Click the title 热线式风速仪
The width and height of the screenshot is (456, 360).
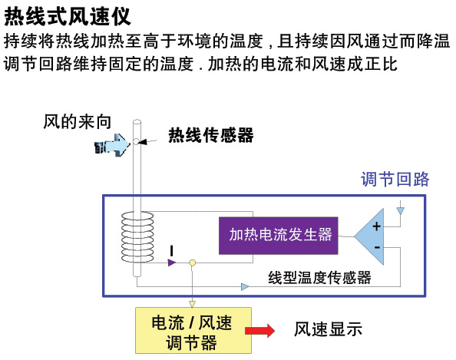click(68, 17)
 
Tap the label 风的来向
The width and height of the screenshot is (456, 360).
click(77, 121)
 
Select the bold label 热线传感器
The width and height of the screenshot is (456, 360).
click(211, 135)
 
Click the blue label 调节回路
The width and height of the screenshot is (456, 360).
click(395, 179)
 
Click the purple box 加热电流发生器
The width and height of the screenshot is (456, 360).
click(279, 236)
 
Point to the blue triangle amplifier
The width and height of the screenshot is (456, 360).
click(368, 236)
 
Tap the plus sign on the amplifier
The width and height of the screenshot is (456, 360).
click(377, 226)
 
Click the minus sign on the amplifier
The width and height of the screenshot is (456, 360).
click(377, 247)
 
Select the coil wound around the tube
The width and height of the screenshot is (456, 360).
click(137, 237)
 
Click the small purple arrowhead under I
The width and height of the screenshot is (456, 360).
click(172, 263)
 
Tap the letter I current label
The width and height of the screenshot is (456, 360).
click(172, 251)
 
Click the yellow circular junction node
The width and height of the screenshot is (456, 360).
click(192, 263)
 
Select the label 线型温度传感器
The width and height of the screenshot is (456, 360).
click(319, 277)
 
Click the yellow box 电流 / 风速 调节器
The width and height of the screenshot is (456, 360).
click(193, 331)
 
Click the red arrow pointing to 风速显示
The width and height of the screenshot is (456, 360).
click(259, 331)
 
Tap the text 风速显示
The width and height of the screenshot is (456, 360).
click(328, 329)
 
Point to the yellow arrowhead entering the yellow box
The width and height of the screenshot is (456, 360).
click(192, 304)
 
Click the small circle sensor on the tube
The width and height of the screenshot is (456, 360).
click(136, 141)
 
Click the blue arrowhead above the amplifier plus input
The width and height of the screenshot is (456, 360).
click(401, 210)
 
